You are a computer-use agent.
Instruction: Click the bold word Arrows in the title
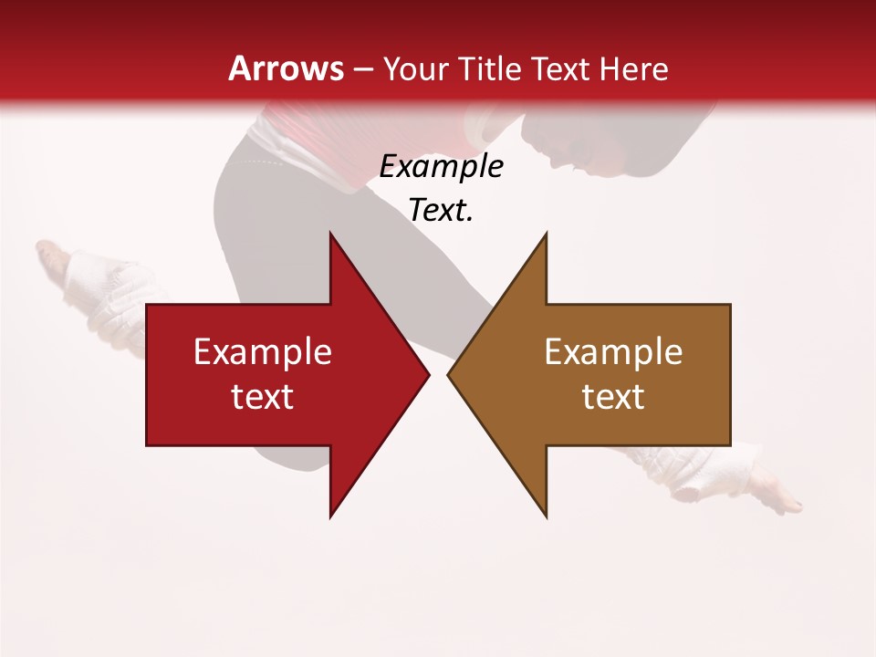[286, 68]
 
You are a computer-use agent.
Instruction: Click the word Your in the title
[416, 69]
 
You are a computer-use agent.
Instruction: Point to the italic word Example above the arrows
[441, 166]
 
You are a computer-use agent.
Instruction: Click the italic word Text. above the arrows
[441, 210]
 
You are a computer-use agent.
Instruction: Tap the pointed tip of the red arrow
[427, 374]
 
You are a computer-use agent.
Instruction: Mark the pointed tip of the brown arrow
[450, 374]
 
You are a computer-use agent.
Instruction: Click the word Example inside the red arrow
[263, 351]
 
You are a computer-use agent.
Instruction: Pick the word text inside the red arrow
[263, 397]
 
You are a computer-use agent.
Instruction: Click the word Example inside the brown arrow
[613, 351]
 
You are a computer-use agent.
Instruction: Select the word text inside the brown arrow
[613, 397]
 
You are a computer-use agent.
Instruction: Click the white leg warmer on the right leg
[721, 470]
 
